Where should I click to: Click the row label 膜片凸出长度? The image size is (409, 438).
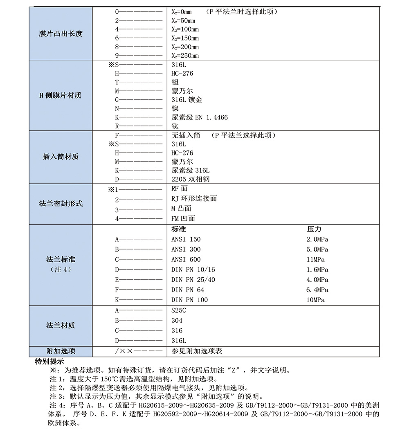[61, 34]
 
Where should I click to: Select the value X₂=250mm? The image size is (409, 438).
[185, 56]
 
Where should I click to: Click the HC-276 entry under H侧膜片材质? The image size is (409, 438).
[182, 73]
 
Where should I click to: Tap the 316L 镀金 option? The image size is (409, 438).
[187, 100]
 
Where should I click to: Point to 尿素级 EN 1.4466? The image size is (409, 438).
[200, 117]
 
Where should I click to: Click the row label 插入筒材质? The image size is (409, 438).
[61, 157]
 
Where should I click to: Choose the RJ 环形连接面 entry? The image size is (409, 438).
[194, 198]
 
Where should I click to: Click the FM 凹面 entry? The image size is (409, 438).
[183, 218]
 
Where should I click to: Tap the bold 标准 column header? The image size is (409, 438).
[179, 229]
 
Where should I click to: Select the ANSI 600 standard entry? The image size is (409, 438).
[186, 259]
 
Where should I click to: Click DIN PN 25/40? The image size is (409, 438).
[193, 280]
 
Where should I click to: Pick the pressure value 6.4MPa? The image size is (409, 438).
[317, 290]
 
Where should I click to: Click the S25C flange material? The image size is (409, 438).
[179, 310]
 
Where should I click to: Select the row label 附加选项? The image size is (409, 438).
[61, 351]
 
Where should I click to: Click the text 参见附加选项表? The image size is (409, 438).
[197, 351]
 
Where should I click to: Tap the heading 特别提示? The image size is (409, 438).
[49, 362]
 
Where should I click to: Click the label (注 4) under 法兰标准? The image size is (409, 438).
[61, 270]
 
